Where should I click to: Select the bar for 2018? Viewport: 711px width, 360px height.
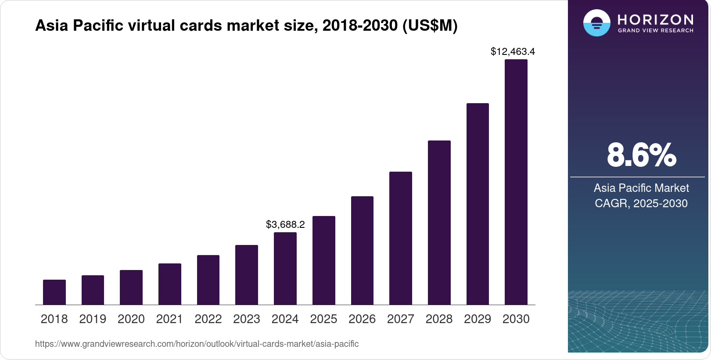[x=54, y=292]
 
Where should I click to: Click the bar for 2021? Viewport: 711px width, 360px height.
[x=170, y=284]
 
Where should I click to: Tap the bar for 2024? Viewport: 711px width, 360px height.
[x=285, y=268]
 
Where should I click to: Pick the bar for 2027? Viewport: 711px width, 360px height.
[x=401, y=238]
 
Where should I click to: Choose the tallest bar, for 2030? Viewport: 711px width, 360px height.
[x=516, y=182]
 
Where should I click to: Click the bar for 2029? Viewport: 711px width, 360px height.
[x=478, y=204]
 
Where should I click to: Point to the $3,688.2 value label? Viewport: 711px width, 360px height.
[x=285, y=224]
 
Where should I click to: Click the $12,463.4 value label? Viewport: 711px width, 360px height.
[x=513, y=51]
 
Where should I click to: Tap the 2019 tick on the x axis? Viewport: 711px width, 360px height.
[x=93, y=319]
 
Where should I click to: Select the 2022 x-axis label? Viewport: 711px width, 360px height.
[x=208, y=319]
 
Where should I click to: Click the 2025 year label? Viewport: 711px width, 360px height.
[x=323, y=319]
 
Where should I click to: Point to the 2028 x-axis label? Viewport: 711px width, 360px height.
[x=439, y=319]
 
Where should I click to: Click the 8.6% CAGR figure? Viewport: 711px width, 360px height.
[x=641, y=155]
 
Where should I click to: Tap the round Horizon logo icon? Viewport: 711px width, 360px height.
[x=596, y=23]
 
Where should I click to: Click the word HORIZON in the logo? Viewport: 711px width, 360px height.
[x=655, y=19]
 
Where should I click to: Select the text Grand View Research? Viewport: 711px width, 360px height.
[x=655, y=31]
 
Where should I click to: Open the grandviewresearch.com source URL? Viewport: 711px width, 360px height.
[x=197, y=344]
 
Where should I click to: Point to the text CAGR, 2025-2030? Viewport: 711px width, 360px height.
[x=641, y=203]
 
